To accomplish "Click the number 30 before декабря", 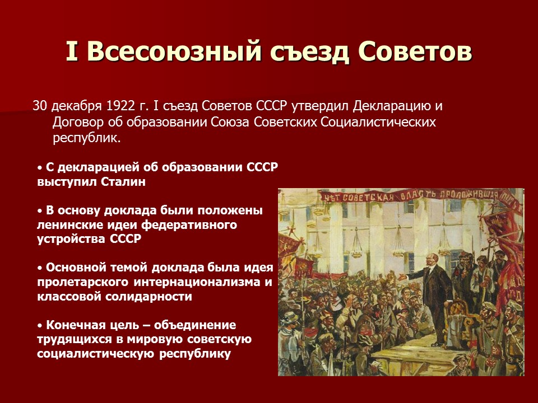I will tap(40, 106).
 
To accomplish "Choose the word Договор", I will tap(77, 122).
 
